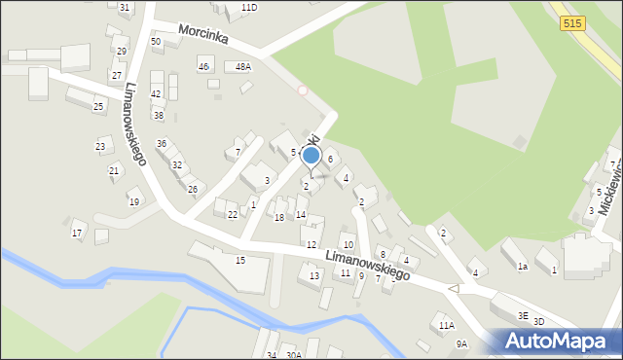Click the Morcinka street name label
tap(203, 37)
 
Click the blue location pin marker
tap(311, 156)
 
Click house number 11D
tap(249, 8)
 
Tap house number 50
tap(156, 42)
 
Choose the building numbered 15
tap(240, 260)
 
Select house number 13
tap(314, 276)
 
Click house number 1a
tap(522, 266)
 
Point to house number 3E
tap(523, 315)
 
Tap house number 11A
tap(446, 325)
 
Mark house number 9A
tap(461, 343)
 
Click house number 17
tap(77, 233)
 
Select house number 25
tap(98, 106)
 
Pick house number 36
tap(162, 143)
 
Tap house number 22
tap(233, 214)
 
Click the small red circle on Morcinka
tap(303, 90)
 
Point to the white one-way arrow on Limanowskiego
tap(453, 289)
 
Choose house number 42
tap(156, 93)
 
